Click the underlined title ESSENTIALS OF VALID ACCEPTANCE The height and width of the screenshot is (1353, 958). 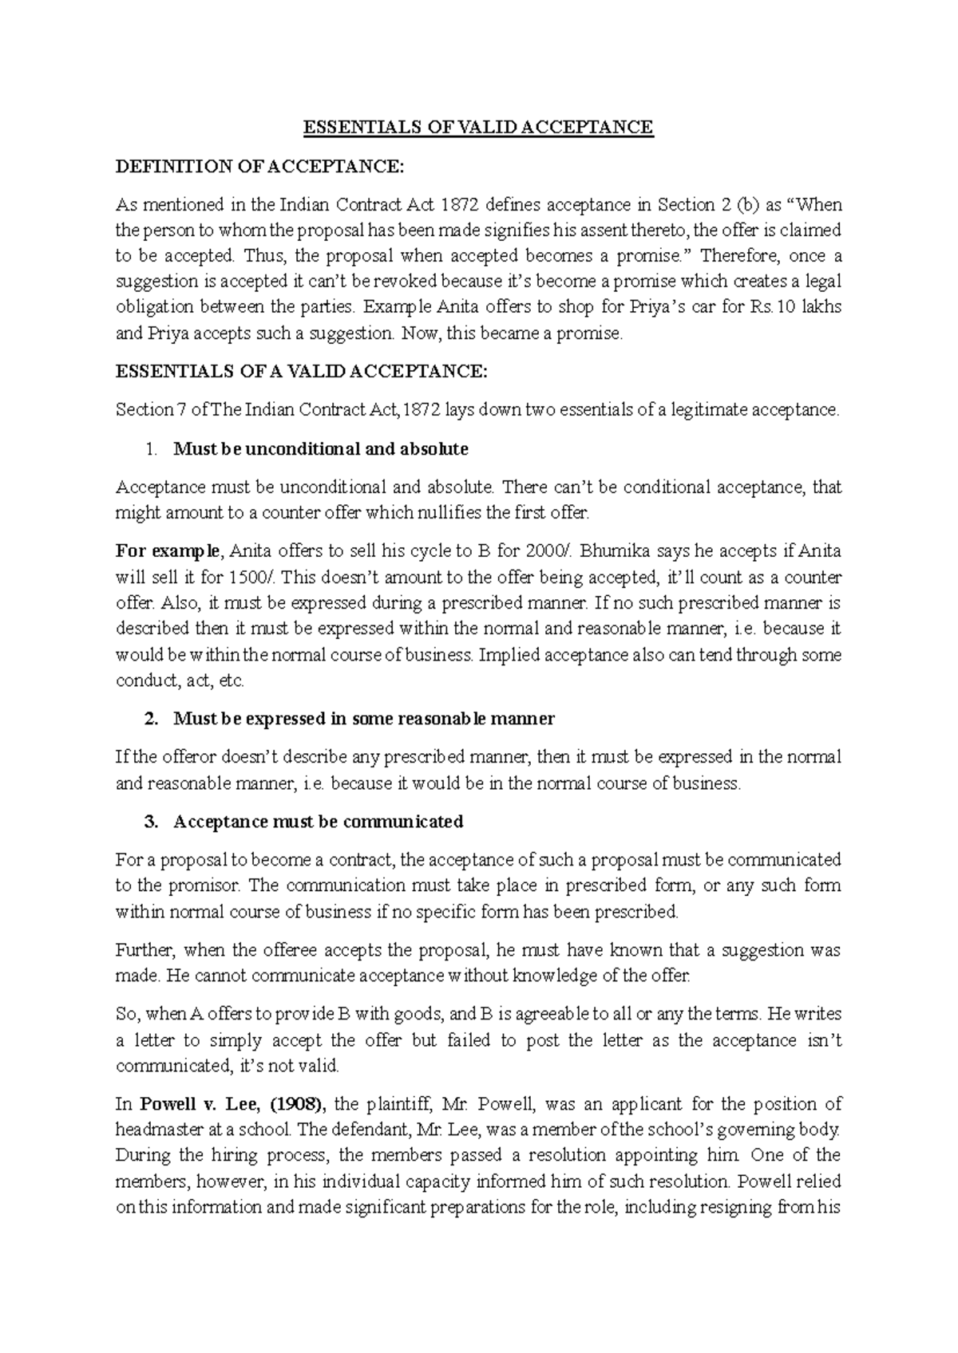point(477,128)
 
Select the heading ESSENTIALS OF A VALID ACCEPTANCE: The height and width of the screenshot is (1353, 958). point(300,372)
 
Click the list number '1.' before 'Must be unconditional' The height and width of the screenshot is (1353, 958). point(152,449)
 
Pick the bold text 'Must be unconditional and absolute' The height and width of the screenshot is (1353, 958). point(320,449)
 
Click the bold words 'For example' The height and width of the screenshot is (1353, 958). point(166,551)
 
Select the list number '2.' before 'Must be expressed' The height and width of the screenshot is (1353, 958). point(152,719)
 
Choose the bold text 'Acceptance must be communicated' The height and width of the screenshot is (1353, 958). point(318,822)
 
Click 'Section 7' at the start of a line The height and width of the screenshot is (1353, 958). point(144,410)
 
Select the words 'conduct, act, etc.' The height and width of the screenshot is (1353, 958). point(180,680)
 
